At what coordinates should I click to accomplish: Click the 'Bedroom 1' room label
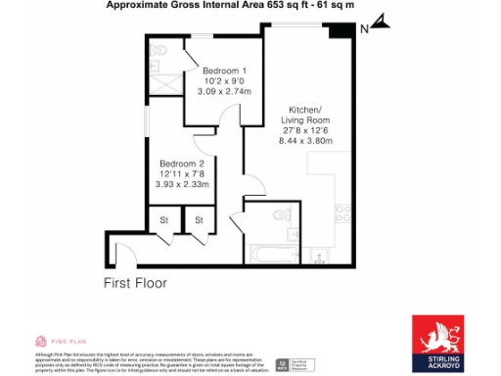pos(224,71)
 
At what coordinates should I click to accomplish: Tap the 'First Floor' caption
pos(135,283)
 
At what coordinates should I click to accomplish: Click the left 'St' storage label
pos(164,220)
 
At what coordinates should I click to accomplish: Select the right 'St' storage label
pos(199,220)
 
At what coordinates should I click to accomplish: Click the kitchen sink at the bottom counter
pos(319,257)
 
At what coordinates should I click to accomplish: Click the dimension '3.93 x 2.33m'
pos(184,183)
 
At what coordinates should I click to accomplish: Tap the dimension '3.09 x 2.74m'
pos(225,91)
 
